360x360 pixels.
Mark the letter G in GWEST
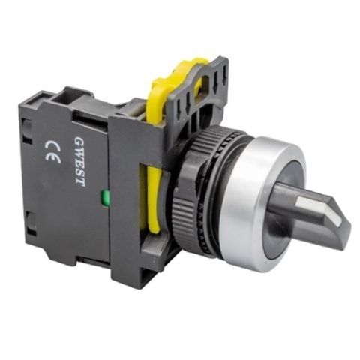point(79,141)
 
